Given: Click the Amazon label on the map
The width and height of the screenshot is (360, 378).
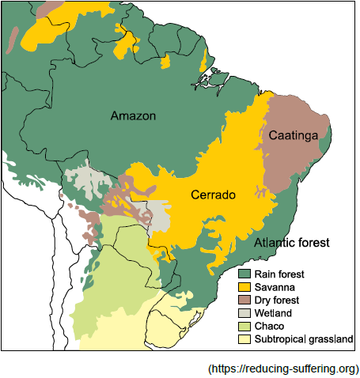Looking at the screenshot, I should coord(133,116).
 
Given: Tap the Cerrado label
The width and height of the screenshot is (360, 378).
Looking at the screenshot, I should coord(213,195).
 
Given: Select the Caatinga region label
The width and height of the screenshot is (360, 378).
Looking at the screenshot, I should coord(294,136).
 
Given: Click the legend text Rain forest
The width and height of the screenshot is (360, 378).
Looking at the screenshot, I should coord(280,274).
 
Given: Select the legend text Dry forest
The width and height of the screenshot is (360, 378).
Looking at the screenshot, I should coord(278,300).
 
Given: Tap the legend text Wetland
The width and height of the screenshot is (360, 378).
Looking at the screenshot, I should coord(274,313).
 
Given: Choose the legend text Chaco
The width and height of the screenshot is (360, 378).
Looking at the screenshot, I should coord(271,327).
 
